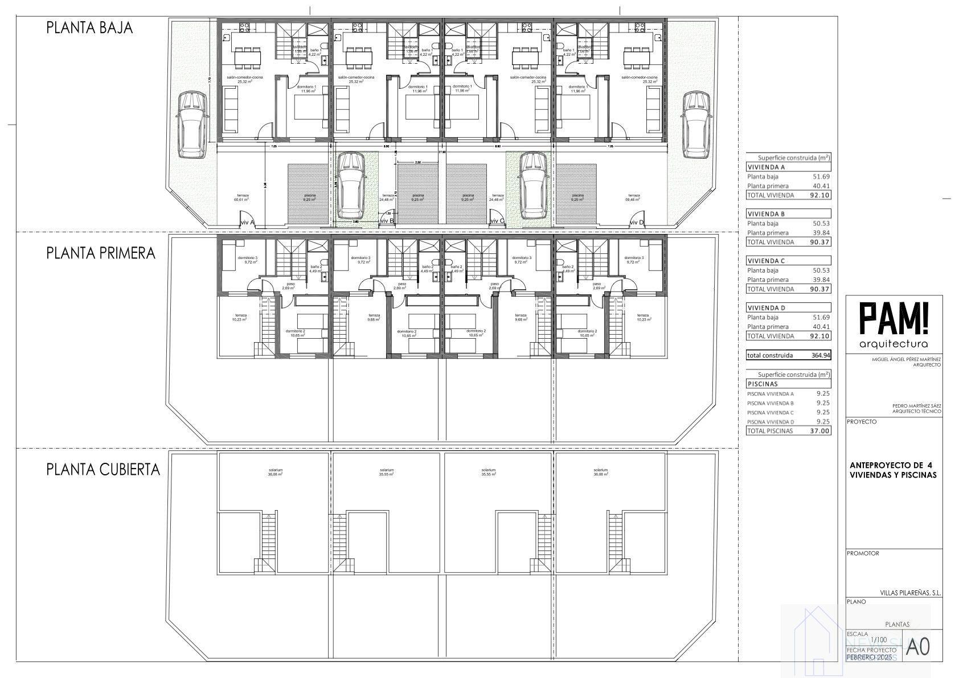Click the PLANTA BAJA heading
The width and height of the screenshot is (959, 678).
point(89,28)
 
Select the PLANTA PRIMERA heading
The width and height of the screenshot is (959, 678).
point(101,253)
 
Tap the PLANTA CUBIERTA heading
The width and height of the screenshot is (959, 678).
point(103,470)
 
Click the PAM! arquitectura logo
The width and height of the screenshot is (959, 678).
point(894,326)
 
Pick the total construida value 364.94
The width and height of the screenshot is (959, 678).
point(821,355)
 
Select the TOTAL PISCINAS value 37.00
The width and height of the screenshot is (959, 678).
point(821,431)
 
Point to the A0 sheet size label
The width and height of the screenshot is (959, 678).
point(917,646)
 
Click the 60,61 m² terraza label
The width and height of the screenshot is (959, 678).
point(241,198)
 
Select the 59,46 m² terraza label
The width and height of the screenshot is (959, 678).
point(633,198)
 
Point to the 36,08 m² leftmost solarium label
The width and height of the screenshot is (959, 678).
point(276,472)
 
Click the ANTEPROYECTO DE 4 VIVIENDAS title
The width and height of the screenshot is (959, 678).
point(892,470)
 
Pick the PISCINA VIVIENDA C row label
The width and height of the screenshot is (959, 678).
point(770,413)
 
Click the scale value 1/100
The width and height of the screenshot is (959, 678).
point(879,639)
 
